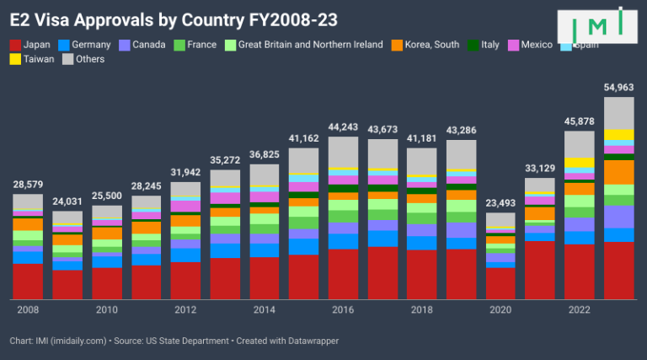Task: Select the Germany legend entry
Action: (84, 45)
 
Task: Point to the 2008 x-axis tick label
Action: (28, 309)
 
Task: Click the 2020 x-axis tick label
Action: (500, 309)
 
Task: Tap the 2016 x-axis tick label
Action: (343, 309)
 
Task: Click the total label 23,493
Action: (500, 203)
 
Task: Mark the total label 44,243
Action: (343, 126)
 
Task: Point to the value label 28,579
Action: (28, 184)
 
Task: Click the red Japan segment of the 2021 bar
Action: (540, 270)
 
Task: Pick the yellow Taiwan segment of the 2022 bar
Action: (579, 163)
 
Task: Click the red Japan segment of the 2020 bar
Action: (500, 282)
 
